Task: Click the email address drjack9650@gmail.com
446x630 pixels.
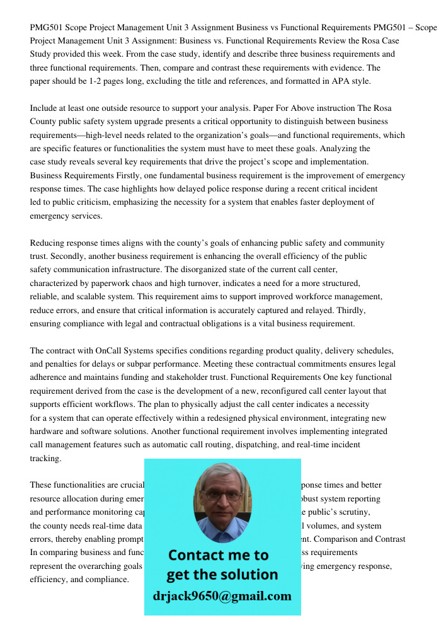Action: (x=222, y=596)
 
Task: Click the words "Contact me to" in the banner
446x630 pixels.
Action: (x=218, y=555)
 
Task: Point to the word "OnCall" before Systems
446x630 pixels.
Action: (x=111, y=350)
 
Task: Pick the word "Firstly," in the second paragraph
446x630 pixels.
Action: (x=133, y=175)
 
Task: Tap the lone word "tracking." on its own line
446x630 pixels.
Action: (x=46, y=458)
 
